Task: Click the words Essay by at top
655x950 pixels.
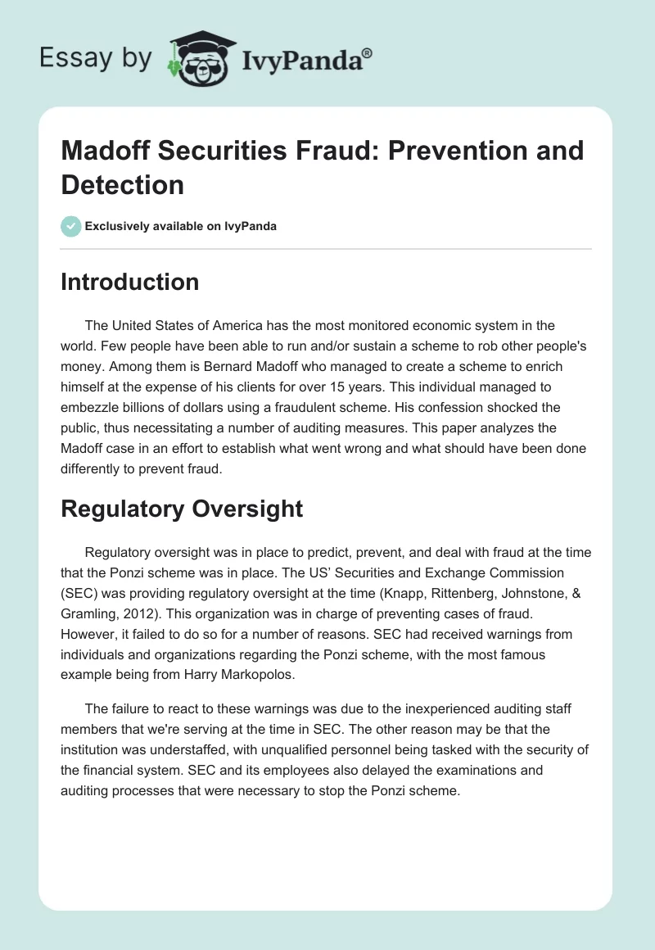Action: pyautogui.click(x=95, y=58)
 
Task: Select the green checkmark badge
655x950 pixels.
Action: pyautogui.click(x=71, y=226)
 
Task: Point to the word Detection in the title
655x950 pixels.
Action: pyautogui.click(x=123, y=184)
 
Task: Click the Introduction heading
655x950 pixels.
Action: pyautogui.click(x=130, y=282)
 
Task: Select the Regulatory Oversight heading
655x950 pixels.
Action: pyautogui.click(x=182, y=509)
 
